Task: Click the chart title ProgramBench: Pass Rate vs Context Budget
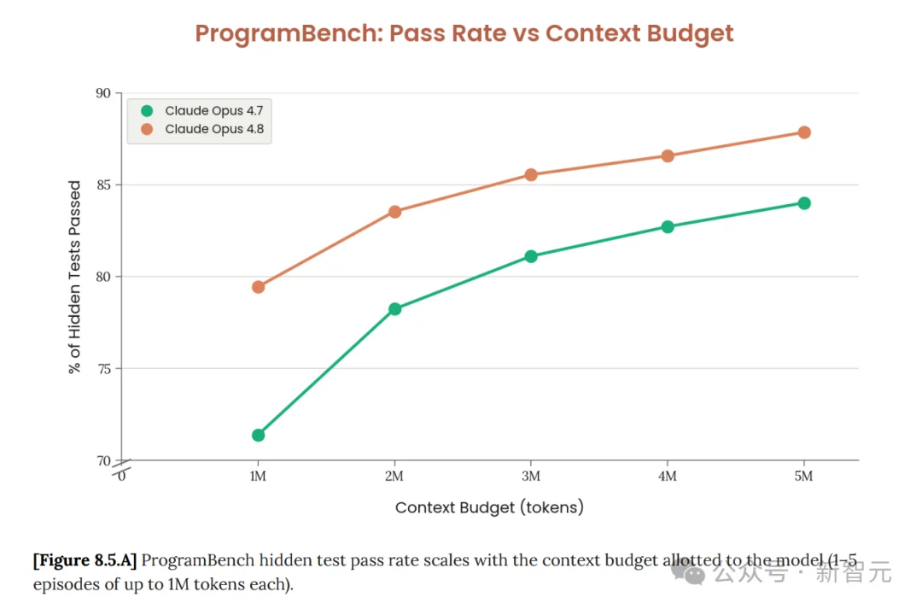tap(464, 33)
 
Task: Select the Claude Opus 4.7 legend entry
tap(202, 111)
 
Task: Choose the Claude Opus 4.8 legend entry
tap(202, 129)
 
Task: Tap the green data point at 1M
tap(258, 436)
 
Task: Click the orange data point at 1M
tap(258, 287)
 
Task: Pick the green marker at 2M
tap(394, 309)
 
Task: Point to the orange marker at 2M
tap(394, 212)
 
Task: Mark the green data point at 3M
tap(531, 256)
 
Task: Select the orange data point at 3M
tap(531, 175)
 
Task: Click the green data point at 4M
tap(668, 227)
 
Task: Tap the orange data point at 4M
tap(668, 156)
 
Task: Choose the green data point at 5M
tap(804, 203)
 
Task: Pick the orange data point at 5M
tap(804, 132)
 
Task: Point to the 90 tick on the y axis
tap(103, 93)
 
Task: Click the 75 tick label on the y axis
tap(104, 369)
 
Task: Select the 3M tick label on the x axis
tap(531, 476)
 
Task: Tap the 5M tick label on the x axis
tap(804, 476)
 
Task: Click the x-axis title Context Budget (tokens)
tap(489, 507)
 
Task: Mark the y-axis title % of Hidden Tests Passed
tap(74, 277)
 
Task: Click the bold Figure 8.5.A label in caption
tap(85, 560)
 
